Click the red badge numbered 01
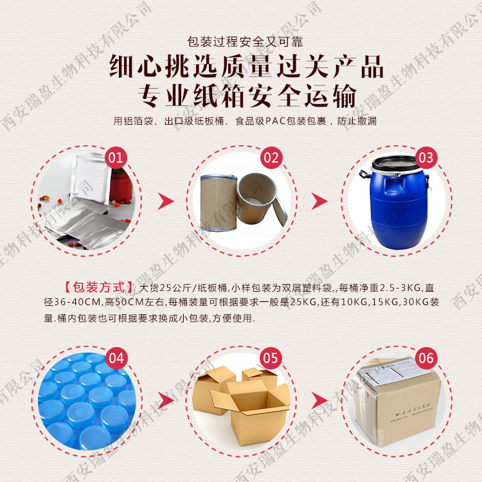116,157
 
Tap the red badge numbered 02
271,157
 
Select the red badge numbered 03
425,157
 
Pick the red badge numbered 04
116,358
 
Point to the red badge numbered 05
271,358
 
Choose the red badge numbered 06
425,358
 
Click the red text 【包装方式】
100,287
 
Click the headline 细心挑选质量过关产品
241,67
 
